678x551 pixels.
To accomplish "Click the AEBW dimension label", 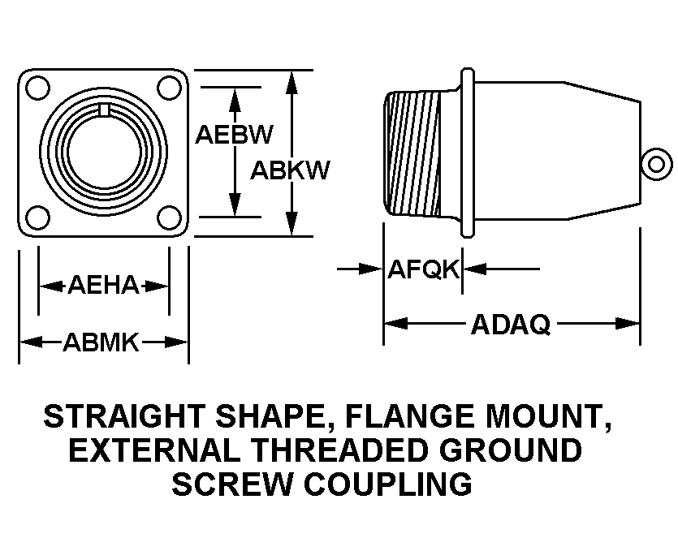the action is pos(235,135).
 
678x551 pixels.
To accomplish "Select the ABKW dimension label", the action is pos(290,170).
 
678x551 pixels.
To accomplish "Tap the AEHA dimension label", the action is pos(103,285).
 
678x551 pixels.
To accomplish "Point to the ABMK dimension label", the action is pos(101,342).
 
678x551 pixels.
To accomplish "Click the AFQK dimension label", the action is pos(423,269).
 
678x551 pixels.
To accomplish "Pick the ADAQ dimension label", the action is pos(511,324).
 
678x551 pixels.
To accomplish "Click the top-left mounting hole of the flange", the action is pos(38,88).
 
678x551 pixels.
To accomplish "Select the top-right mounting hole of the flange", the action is pos(169,88).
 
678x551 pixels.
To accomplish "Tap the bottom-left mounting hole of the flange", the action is pos(38,217).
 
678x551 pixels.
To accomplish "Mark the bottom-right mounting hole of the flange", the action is pos(169,217).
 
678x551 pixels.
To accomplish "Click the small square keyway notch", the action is pos(104,110).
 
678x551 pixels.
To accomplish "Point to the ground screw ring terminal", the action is pos(656,164).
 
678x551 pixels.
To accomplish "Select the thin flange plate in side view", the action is pos(467,153).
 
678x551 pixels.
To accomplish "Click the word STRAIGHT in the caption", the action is pos(123,416).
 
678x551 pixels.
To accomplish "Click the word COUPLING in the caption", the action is pos(388,484).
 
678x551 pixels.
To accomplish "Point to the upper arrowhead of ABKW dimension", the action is pos(293,82).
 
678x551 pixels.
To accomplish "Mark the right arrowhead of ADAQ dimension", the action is pos(628,323).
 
